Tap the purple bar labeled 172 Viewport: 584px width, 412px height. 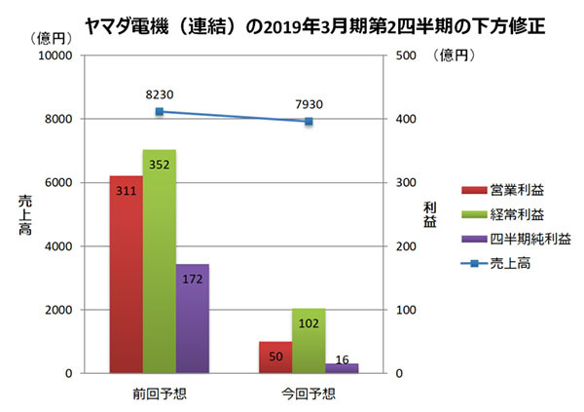192,318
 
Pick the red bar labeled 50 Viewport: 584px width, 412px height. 275,357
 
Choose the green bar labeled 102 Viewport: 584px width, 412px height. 309,341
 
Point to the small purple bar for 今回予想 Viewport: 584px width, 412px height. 342,368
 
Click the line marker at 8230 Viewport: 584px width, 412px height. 159,112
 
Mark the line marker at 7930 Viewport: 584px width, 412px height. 309,122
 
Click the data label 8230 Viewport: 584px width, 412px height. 159,94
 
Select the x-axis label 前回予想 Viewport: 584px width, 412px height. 159,394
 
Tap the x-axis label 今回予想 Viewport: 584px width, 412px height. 309,394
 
